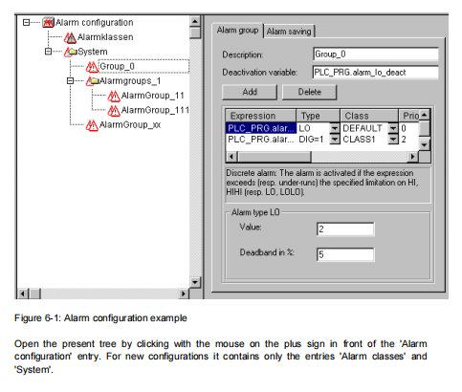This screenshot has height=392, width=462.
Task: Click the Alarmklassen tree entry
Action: (105, 37)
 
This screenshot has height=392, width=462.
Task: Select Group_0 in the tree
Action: (117, 66)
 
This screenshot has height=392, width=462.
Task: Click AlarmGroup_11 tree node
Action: (153, 96)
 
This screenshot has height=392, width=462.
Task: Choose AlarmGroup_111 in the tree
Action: (155, 110)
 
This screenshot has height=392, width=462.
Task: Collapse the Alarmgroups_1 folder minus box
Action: (71, 81)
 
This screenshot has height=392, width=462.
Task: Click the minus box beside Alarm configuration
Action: (27, 23)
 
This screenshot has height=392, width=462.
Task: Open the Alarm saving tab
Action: (289, 32)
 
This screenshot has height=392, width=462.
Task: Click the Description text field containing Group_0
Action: (376, 54)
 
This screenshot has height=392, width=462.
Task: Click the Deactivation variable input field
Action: (376, 73)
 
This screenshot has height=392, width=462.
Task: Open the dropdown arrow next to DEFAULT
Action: (393, 128)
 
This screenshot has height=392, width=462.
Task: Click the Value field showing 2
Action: (345, 229)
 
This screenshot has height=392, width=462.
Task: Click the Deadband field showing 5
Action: (345, 254)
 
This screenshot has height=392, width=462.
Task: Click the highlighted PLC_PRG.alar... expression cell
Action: (261, 128)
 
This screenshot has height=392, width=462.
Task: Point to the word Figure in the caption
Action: (28, 318)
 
